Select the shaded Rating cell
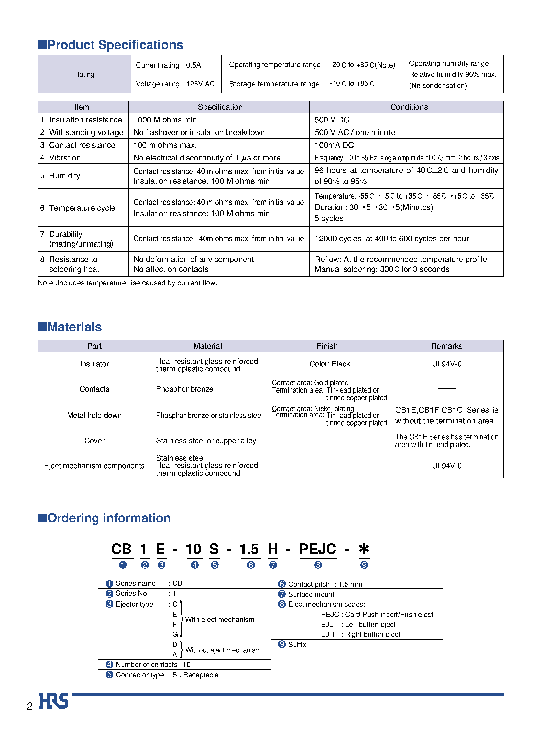(x=84, y=74)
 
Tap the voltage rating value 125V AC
(x=200, y=84)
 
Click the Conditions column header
(x=409, y=107)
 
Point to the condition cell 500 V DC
(x=332, y=120)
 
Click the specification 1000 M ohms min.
(x=166, y=120)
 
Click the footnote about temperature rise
(x=127, y=283)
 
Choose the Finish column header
(x=327, y=346)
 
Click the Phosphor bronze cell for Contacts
(x=184, y=389)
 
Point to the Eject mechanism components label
(x=94, y=466)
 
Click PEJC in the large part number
(x=317, y=549)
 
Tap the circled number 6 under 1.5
(x=251, y=565)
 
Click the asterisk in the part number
(x=363, y=549)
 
